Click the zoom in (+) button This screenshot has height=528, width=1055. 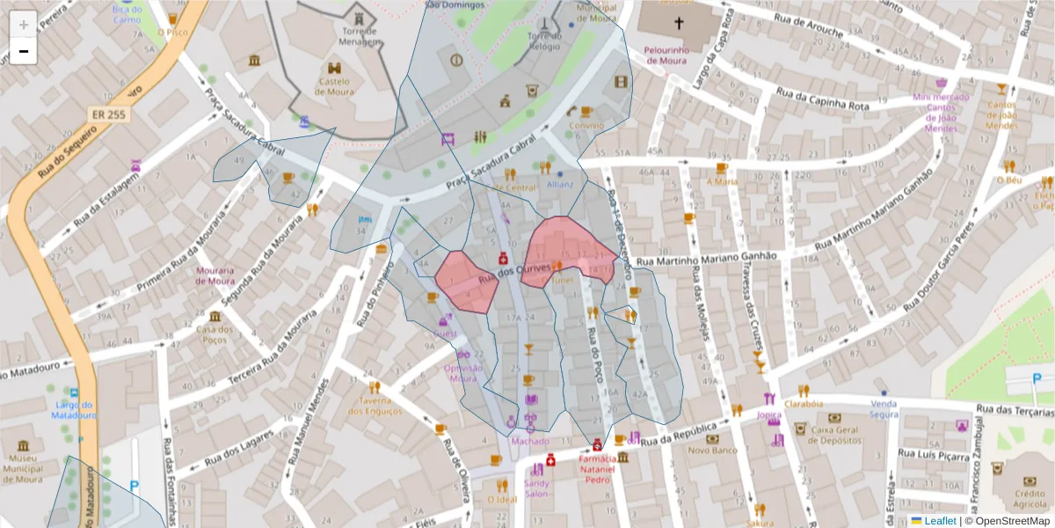tap(24, 25)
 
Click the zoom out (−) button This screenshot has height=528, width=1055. tap(24, 51)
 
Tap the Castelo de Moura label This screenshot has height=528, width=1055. tap(334, 86)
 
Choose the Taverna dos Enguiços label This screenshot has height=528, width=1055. tap(375, 406)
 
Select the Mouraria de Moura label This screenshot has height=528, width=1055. tap(215, 275)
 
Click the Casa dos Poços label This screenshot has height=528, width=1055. tap(215, 335)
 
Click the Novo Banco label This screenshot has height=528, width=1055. tap(711, 450)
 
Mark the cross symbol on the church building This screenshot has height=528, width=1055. tap(679, 23)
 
